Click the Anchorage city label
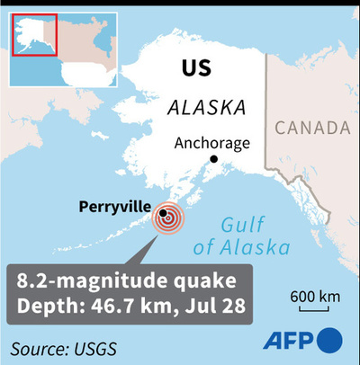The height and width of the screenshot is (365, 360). tap(207, 143)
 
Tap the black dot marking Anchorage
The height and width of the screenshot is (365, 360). tap(214, 159)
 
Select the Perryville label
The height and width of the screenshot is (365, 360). tap(114, 207)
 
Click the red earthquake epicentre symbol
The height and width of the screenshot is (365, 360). tap(166, 218)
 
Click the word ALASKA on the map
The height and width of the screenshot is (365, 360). tap(207, 107)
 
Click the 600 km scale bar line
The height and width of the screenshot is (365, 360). tap(314, 307)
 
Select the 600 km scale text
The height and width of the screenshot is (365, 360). tap(315, 296)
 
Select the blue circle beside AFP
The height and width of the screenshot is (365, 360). tap(331, 340)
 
